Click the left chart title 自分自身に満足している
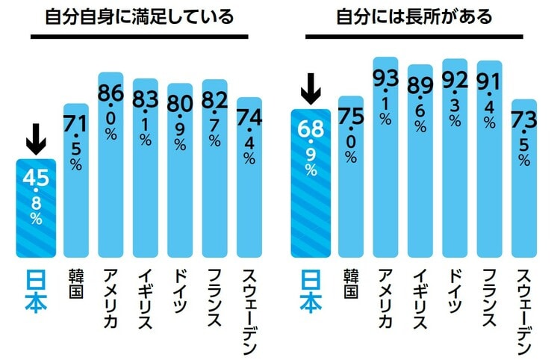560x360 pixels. [139, 16]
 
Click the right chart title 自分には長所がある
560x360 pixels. [414, 16]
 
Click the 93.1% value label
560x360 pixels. [385, 97]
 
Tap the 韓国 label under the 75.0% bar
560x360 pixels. [351, 284]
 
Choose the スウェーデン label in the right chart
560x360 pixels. [523, 311]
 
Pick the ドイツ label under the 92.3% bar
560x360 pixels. [455, 288]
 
